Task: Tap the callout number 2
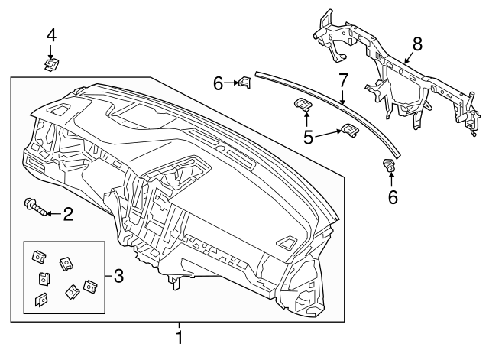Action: (68, 214)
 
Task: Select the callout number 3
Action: (118, 274)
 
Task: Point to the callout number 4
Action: (51, 34)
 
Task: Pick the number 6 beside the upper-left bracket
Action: (219, 83)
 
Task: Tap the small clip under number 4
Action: (51, 66)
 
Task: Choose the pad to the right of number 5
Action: (349, 132)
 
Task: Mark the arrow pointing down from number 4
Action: (51, 51)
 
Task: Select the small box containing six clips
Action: (64, 277)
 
